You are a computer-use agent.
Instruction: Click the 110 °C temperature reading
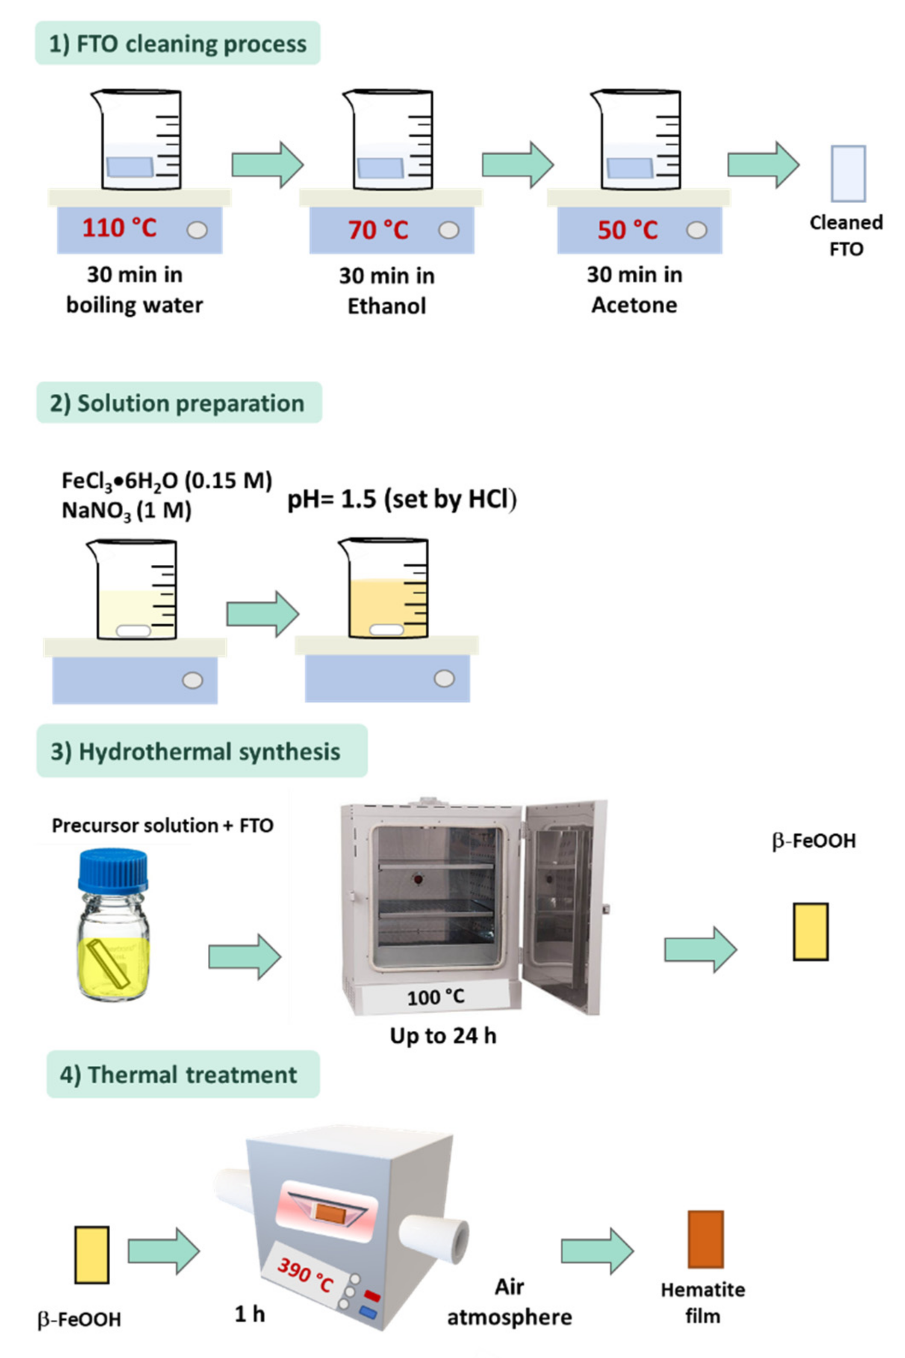tap(119, 228)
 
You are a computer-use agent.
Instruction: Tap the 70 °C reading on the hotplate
tap(378, 230)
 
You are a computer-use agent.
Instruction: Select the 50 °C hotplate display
tap(628, 230)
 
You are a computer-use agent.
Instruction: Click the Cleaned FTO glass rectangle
tap(848, 173)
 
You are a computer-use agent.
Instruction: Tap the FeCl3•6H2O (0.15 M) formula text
tap(167, 480)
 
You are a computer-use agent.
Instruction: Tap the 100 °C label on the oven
tap(435, 997)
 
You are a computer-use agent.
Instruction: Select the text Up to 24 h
tap(443, 1036)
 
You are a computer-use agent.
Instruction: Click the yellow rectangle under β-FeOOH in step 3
tap(811, 932)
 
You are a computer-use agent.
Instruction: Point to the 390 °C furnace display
tap(305, 1275)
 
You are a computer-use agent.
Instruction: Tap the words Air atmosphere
tap(510, 1302)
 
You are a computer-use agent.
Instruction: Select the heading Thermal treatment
tap(183, 1074)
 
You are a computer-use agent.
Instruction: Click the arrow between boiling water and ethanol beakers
tap(267, 165)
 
